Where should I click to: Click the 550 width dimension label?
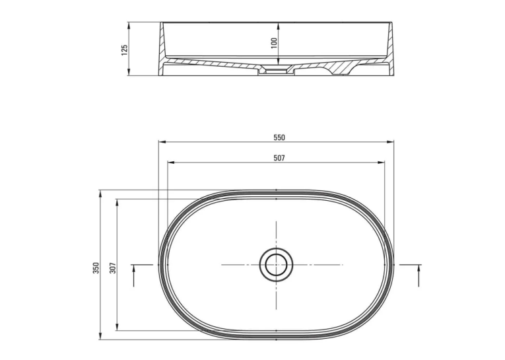(x=279, y=137)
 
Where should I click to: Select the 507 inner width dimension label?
(x=279, y=159)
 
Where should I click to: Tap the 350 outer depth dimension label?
(x=96, y=268)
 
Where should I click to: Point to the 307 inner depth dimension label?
(x=113, y=268)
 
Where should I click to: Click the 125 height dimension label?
(x=124, y=50)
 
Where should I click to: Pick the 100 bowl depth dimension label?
(x=274, y=43)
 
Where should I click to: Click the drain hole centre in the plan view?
(x=276, y=265)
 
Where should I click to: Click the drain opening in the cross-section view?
(x=276, y=70)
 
